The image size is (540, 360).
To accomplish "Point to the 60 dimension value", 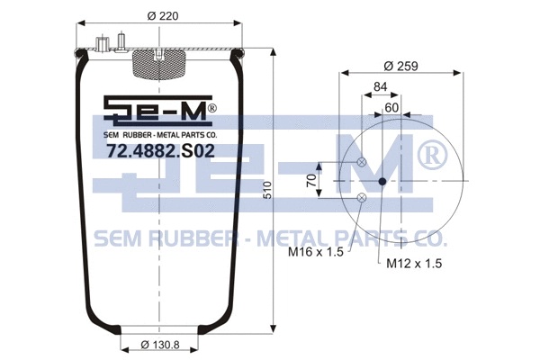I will click(x=391, y=107).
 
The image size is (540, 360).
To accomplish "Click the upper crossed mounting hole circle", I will click(x=362, y=163).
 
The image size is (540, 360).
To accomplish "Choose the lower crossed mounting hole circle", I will click(x=362, y=197).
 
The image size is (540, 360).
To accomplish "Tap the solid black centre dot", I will click(x=382, y=181).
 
